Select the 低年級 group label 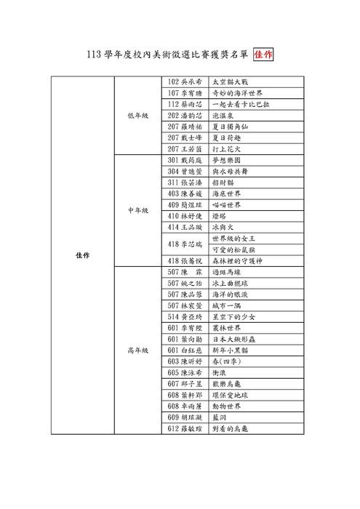[137, 115]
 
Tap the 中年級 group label [137, 210]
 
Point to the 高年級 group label [137, 350]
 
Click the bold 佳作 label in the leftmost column [82, 255]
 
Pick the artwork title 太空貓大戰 [228, 81]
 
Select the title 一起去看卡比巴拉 [240, 104]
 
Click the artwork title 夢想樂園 [225, 159]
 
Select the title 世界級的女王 [233, 239]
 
